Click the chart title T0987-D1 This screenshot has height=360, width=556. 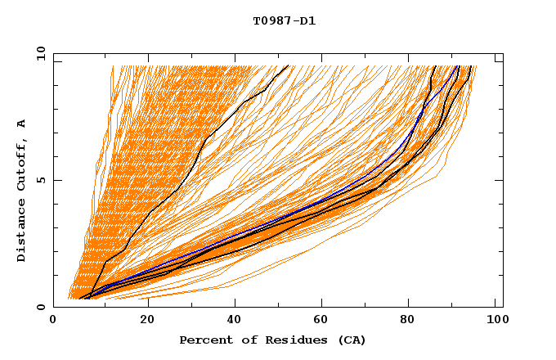(284, 21)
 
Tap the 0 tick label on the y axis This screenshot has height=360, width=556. (41, 308)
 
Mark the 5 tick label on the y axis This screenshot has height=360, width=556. (41, 181)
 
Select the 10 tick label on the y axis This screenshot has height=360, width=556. (38, 54)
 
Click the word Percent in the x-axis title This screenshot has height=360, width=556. (205, 340)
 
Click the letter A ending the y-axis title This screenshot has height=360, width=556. (22, 124)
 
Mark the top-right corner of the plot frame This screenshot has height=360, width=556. (503, 54)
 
